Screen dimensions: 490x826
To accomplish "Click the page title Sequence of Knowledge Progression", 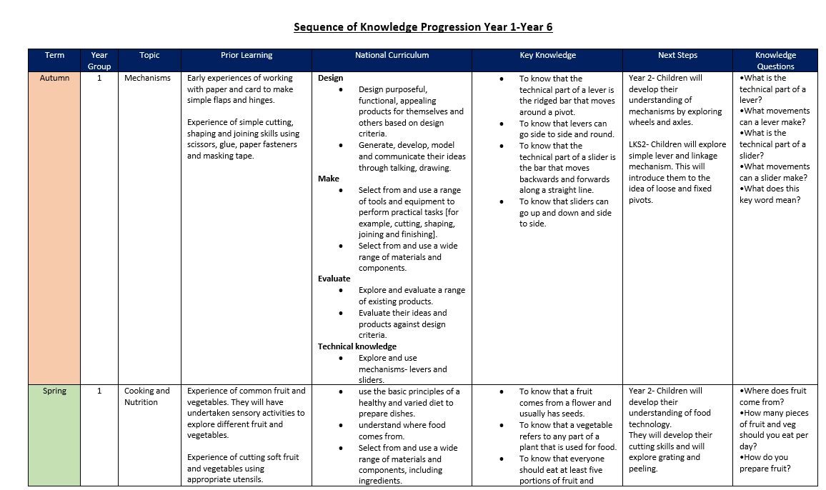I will pyautogui.click(x=423, y=27).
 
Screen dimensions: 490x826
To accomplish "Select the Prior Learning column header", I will pyautogui.click(x=247, y=55).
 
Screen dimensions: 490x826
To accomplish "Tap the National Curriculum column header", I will pyautogui.click(x=392, y=55).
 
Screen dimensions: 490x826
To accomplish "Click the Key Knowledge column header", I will pyautogui.click(x=547, y=55).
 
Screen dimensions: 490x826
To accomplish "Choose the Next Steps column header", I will pyautogui.click(x=677, y=55).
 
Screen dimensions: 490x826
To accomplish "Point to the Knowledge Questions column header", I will pyautogui.click(x=775, y=61).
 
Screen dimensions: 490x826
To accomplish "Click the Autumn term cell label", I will pyautogui.click(x=54, y=78).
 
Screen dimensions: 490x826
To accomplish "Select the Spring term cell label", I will pyautogui.click(x=54, y=391).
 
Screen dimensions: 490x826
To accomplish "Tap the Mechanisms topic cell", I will pyautogui.click(x=147, y=78).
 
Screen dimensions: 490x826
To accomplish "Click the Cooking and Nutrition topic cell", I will pyautogui.click(x=147, y=396).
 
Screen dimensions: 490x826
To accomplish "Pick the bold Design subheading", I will pyautogui.click(x=330, y=78).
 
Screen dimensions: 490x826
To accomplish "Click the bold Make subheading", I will pyautogui.click(x=329, y=179).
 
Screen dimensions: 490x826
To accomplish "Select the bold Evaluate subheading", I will pyautogui.click(x=334, y=279).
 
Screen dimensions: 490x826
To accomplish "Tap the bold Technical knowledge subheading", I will pyautogui.click(x=357, y=346).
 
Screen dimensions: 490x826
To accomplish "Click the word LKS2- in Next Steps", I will pyautogui.click(x=641, y=144).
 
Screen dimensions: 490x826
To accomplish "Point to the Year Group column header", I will pyautogui.click(x=99, y=61).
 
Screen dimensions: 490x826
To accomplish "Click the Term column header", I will pyautogui.click(x=54, y=55).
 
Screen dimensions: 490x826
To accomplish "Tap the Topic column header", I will pyautogui.click(x=150, y=55).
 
